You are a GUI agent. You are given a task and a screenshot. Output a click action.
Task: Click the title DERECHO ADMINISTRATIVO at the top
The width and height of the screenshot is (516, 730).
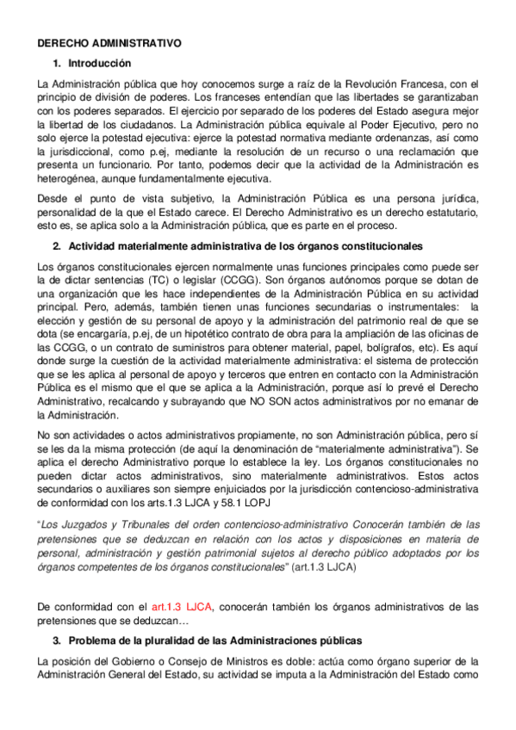pyautogui.click(x=109, y=41)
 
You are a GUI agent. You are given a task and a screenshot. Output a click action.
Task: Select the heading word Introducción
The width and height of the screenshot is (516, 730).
pyautogui.click(x=99, y=63)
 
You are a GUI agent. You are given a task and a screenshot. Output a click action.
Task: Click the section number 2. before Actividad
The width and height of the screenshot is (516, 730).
pyautogui.click(x=57, y=246)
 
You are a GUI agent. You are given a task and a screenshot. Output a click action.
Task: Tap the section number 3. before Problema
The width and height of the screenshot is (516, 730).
pyautogui.click(x=57, y=640)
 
